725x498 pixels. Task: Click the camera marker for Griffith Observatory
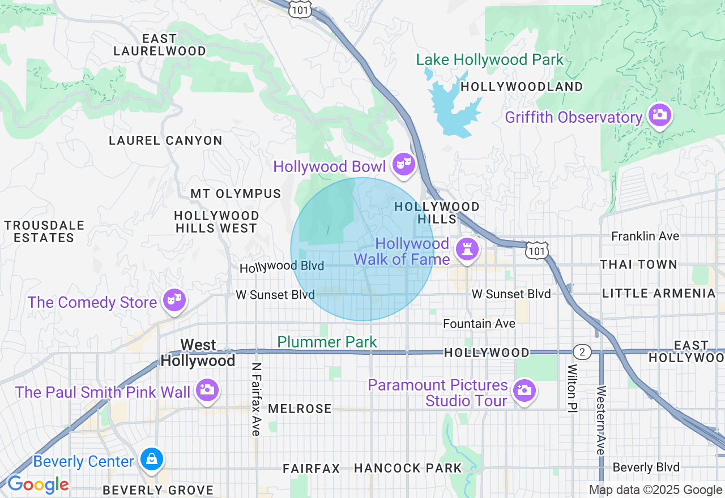pyautogui.click(x=659, y=115)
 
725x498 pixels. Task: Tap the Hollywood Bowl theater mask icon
pyautogui.click(x=403, y=164)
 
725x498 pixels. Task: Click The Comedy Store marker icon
pyautogui.click(x=174, y=299)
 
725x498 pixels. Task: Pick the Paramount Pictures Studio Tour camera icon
pyautogui.click(x=524, y=390)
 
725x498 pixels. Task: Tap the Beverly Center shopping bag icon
pyautogui.click(x=152, y=459)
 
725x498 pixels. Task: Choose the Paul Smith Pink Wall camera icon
pyautogui.click(x=207, y=389)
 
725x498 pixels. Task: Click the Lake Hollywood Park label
pyautogui.click(x=490, y=59)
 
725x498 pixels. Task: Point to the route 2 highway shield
pyautogui.click(x=582, y=352)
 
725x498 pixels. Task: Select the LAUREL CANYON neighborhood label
pyautogui.click(x=165, y=140)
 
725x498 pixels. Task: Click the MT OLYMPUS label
pyautogui.click(x=236, y=194)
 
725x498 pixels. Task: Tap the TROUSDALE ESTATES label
pyautogui.click(x=44, y=231)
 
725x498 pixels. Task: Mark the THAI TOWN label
pyautogui.click(x=638, y=264)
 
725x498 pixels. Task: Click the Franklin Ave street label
pyautogui.click(x=645, y=236)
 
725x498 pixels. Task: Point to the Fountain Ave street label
pyautogui.click(x=479, y=323)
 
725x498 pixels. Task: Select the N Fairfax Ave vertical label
pyautogui.click(x=257, y=399)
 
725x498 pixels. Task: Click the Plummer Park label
pyautogui.click(x=327, y=342)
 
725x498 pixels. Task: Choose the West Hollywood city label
pyautogui.click(x=198, y=353)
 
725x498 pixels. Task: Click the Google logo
pyautogui.click(x=38, y=485)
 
